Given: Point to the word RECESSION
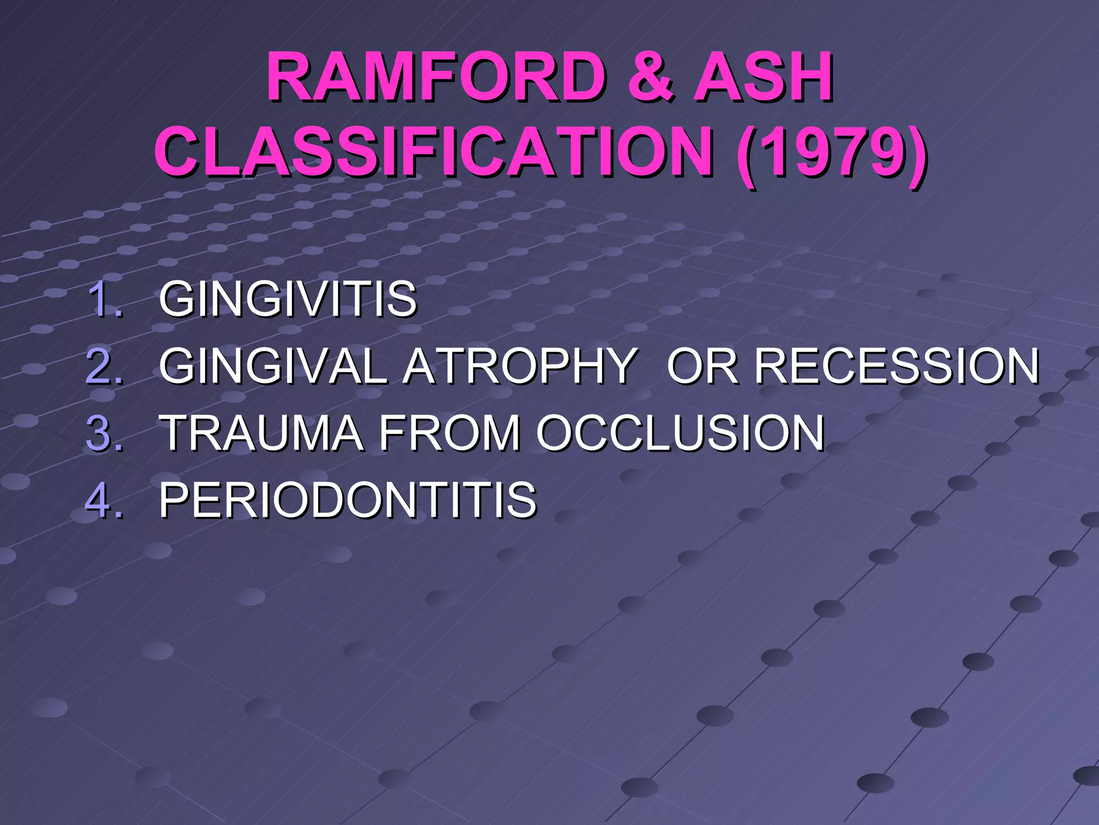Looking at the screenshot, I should (897, 366).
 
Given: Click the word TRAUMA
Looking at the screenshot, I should (262, 433).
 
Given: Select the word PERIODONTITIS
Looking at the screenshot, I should (348, 500).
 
